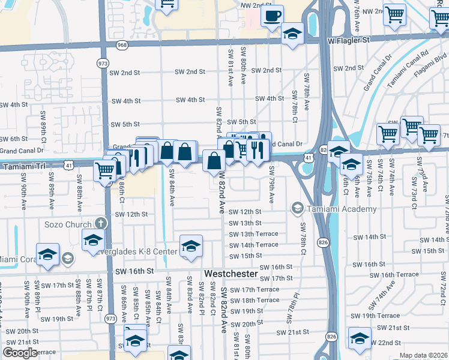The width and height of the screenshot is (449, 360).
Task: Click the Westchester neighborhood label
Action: (x=231, y=274)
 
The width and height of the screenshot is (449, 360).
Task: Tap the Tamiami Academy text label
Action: (x=342, y=209)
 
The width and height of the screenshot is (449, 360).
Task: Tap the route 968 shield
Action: (x=122, y=45)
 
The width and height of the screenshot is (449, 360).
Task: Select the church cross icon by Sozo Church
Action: (x=101, y=223)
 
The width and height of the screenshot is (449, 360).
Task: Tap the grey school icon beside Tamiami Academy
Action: (x=298, y=209)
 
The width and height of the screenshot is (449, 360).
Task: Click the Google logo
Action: (x=20, y=352)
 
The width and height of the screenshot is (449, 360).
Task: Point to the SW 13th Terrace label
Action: (x=253, y=234)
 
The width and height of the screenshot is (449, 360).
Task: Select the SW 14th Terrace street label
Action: (x=253, y=245)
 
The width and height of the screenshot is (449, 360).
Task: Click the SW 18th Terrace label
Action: (x=255, y=300)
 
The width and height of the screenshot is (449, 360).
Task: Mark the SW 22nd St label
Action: (x=390, y=343)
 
